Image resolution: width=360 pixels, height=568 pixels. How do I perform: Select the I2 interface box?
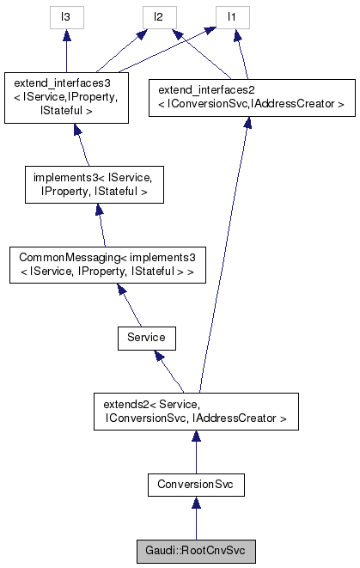(x=159, y=15)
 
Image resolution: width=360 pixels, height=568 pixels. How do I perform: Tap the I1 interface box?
(x=229, y=15)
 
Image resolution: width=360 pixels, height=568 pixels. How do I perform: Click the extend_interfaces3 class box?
(x=65, y=96)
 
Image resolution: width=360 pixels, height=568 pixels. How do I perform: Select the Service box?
(x=146, y=338)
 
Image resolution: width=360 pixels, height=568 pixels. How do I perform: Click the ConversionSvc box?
(x=196, y=486)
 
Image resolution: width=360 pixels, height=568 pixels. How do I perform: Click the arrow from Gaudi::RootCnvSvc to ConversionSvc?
(x=196, y=518)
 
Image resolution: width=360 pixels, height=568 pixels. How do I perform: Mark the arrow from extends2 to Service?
(x=172, y=372)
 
